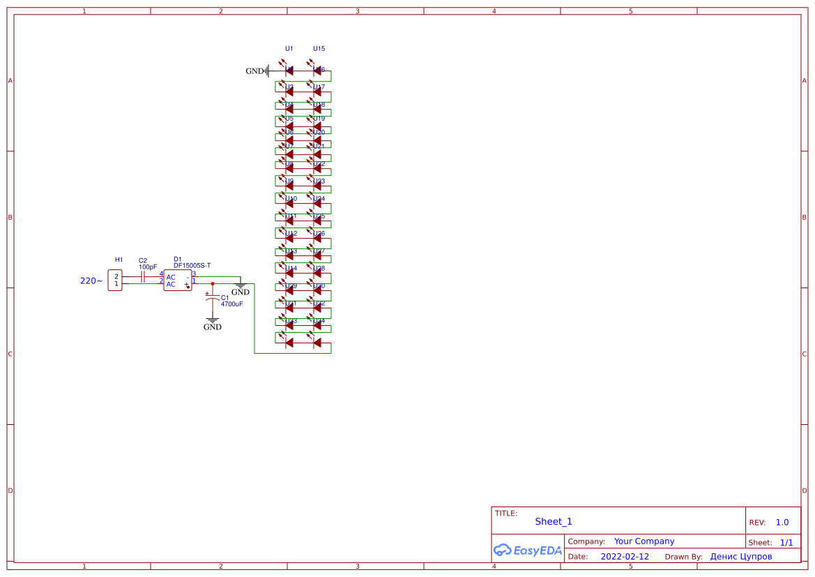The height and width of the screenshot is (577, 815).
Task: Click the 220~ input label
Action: click(x=91, y=281)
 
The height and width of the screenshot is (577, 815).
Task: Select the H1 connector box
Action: click(x=115, y=280)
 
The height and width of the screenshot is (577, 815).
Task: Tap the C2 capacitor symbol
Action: click(x=142, y=276)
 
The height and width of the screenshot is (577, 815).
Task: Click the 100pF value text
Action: click(x=148, y=267)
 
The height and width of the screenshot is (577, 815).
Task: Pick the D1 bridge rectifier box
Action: click(x=177, y=280)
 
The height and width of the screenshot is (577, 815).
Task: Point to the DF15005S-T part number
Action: click(x=192, y=266)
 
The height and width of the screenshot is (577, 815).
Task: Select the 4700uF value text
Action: click(x=231, y=304)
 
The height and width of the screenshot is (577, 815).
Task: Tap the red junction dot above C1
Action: click(x=213, y=284)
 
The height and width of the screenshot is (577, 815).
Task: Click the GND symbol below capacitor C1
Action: click(x=213, y=324)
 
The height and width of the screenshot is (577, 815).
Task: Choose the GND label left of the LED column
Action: click(x=254, y=71)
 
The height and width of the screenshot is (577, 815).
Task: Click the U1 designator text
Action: click(x=289, y=49)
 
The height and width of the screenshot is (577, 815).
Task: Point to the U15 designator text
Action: click(x=319, y=49)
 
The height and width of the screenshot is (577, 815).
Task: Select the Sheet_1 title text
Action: click(x=554, y=522)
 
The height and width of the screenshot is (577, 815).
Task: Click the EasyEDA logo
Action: click(x=528, y=550)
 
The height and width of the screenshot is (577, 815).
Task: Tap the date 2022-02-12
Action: click(x=625, y=557)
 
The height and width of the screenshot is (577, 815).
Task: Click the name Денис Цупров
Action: click(x=741, y=557)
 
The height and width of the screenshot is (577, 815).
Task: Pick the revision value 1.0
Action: click(x=782, y=523)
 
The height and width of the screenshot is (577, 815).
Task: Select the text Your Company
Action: click(x=644, y=541)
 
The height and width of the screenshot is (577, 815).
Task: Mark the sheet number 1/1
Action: click(x=786, y=542)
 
